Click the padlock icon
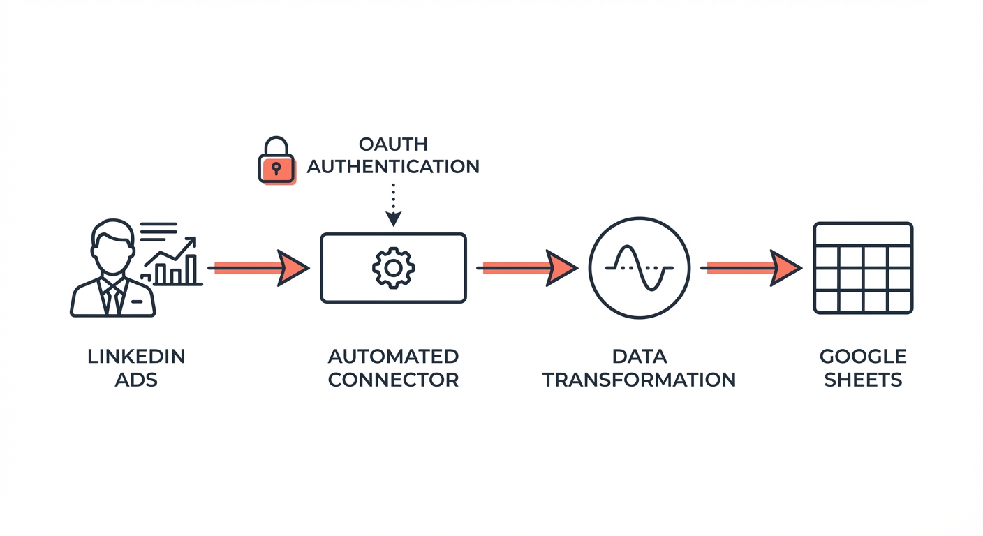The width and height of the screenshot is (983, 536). (x=276, y=162)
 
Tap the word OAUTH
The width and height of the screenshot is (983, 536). (x=393, y=144)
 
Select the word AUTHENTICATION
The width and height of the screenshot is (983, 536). (x=393, y=167)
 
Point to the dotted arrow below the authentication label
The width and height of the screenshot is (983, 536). (x=394, y=204)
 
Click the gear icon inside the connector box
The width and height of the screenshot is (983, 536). (x=393, y=268)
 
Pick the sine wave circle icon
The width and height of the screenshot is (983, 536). (x=639, y=268)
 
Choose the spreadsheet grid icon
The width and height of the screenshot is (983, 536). (x=863, y=268)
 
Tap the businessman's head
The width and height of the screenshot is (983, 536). (x=112, y=248)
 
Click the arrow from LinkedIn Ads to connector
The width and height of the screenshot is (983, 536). (x=259, y=268)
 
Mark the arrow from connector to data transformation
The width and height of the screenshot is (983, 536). (x=528, y=268)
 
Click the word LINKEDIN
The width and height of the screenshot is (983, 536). (x=136, y=357)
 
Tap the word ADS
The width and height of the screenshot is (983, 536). (x=136, y=380)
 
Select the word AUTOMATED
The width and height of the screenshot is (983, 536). (x=393, y=357)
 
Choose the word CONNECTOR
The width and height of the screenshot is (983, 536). (x=393, y=380)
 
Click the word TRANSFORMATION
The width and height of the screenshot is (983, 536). (x=639, y=380)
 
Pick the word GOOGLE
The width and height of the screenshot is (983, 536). (x=863, y=357)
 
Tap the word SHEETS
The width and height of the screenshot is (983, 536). (x=863, y=380)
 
